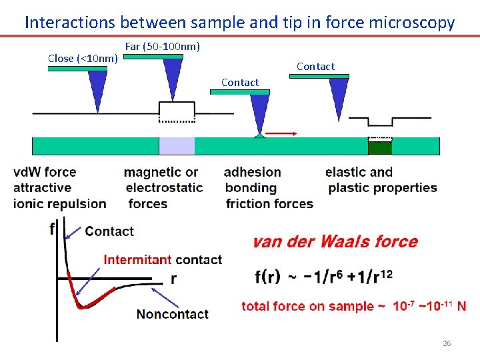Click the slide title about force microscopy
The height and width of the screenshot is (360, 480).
pos(239,22)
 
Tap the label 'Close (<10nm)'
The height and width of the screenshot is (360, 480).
pos(83,59)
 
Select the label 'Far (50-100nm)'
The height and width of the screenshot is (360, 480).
pos(163,47)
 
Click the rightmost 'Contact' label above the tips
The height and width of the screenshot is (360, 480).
pos(315,66)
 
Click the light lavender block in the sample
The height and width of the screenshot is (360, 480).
pos(177,146)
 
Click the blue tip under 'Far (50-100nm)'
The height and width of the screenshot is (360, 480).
pos(173,77)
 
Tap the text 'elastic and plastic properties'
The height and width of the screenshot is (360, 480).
pos(382,180)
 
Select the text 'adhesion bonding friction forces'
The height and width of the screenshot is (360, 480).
pos(269,188)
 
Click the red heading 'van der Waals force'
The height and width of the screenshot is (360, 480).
pos(335,241)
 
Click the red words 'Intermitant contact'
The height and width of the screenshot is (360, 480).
pos(163,259)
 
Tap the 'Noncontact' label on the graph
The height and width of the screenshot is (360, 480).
pos(172,313)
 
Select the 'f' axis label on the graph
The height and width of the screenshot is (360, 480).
pos(53,229)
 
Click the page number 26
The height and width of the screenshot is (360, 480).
pos(447,343)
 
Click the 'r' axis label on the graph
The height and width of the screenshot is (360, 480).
pos(173,279)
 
